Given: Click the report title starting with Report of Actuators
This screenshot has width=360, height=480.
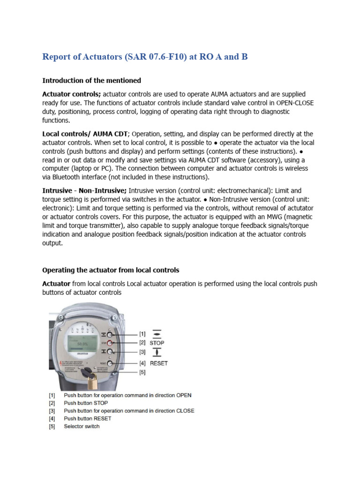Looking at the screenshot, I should pyautogui.click(x=145, y=57).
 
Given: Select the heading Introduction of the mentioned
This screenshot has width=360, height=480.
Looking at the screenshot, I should pyautogui.click(x=91, y=81).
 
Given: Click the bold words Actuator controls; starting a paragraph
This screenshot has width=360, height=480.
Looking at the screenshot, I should pyautogui.click(x=72, y=94).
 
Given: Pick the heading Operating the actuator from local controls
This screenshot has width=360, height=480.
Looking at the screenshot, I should pyautogui.click(x=111, y=270).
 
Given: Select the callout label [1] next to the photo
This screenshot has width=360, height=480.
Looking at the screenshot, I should pyautogui.click(x=142, y=334).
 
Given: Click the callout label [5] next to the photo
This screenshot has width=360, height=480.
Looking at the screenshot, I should pyautogui.click(x=142, y=372).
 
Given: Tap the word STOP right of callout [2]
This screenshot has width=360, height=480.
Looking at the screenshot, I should pyautogui.click(x=157, y=343).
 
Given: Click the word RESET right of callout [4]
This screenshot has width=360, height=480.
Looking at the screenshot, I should pyautogui.click(x=158, y=363).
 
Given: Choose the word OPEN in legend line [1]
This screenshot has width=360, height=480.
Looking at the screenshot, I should pyautogui.click(x=184, y=395).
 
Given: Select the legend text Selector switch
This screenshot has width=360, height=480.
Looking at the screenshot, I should pyautogui.click(x=82, y=426).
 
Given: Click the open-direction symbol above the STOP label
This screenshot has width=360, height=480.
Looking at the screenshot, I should pyautogui.click(x=157, y=334).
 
